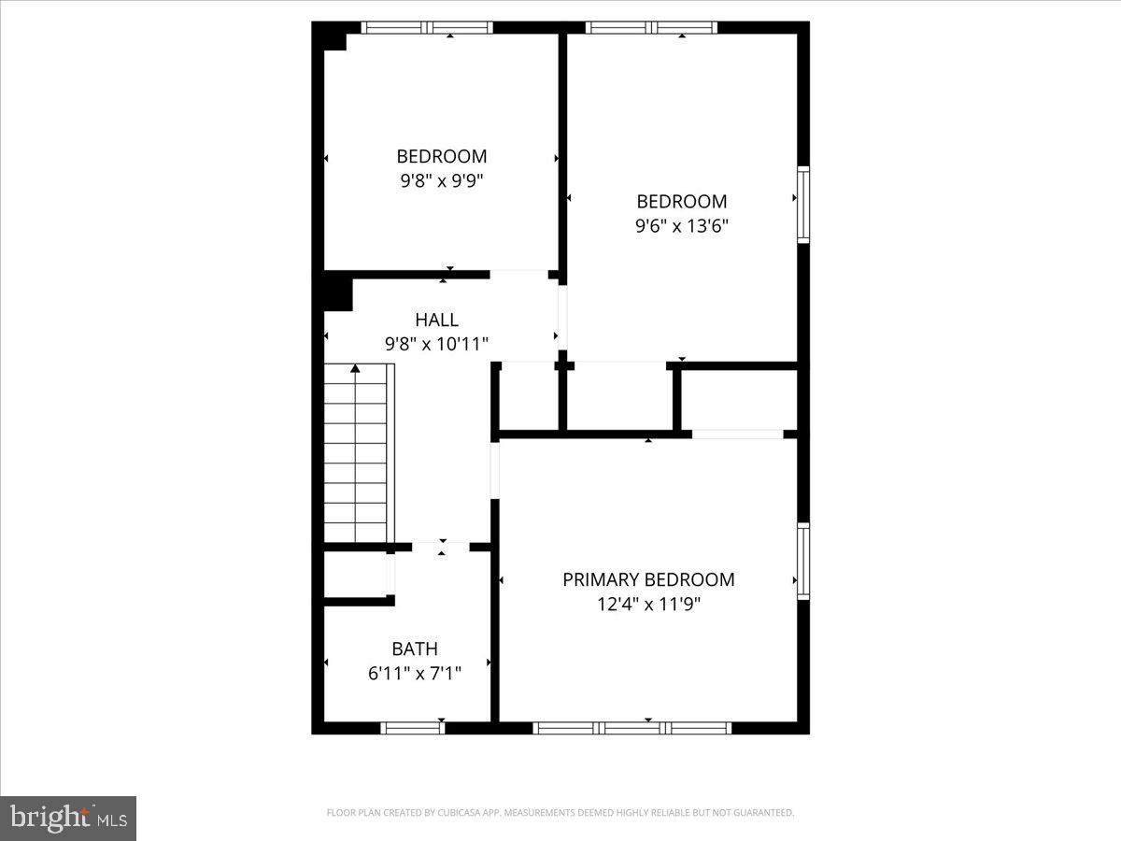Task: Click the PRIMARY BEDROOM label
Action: [648, 579]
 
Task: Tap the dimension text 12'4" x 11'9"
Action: [648, 605]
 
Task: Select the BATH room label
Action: [415, 649]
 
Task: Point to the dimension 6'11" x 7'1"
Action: [415, 672]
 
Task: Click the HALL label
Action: [437, 321]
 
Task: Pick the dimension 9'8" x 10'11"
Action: [437, 344]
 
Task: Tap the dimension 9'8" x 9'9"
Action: [441, 180]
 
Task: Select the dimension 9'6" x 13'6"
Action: [682, 225]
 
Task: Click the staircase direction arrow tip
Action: [355, 368]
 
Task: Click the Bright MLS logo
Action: [68, 819]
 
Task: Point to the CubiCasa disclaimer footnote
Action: [560, 813]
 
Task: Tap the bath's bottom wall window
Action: [412, 728]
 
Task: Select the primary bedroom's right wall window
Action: [802, 561]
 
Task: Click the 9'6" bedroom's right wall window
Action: [802, 205]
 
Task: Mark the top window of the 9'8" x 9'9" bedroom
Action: [427, 28]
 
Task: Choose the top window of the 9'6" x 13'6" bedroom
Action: [652, 28]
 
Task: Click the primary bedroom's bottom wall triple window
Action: [631, 728]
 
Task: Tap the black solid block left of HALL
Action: [336, 292]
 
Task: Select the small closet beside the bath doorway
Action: [355, 575]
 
